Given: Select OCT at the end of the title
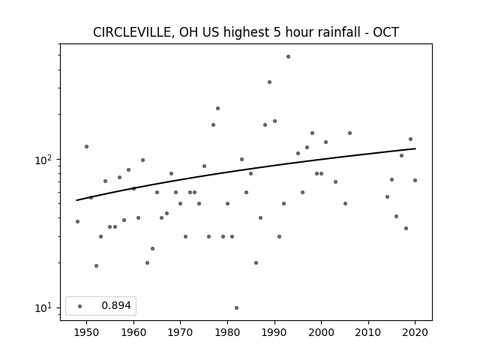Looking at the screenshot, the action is tap(385, 32).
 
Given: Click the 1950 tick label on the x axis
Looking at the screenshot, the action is tap(87, 332).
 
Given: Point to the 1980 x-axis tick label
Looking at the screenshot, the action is tap(227, 332).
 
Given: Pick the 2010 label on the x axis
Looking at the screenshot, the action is tap(368, 332).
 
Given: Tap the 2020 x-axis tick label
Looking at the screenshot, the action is tap(415, 332).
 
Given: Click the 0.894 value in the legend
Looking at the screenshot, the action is tap(116, 305).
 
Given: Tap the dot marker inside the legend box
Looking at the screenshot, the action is tap(80, 306).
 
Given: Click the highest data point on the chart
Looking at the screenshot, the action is tap(288, 57).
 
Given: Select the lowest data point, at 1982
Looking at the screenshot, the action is tap(237, 308).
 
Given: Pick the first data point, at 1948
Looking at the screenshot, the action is tap(77, 222).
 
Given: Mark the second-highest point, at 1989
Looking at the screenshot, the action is tap(270, 82).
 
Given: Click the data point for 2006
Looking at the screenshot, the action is tap(350, 133).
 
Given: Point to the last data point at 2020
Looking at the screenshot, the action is tap(415, 180).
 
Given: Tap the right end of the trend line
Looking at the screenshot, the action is tap(415, 148).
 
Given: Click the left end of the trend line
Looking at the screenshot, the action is tap(76, 200).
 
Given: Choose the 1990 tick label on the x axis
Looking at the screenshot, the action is tap(274, 332).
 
